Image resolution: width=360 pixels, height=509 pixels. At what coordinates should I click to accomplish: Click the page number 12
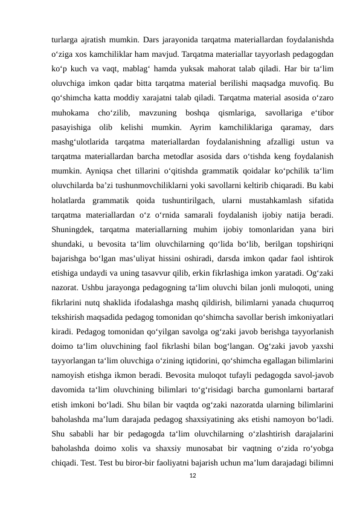[x=192, y=476]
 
